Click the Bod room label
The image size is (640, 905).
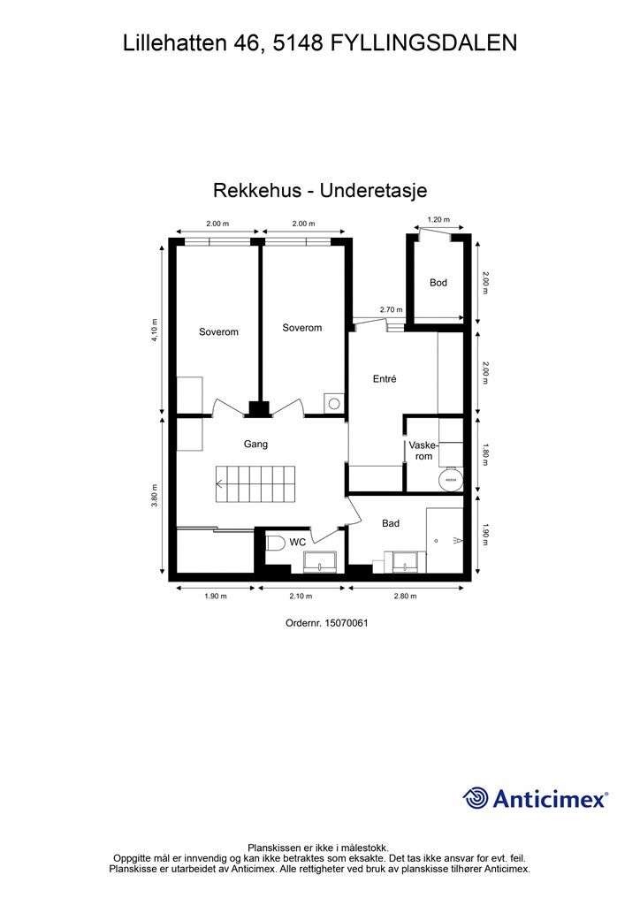(438, 283)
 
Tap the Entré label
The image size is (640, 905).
(384, 379)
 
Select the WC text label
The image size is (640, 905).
(297, 542)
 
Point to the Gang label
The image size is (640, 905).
(255, 445)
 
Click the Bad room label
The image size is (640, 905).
(390, 523)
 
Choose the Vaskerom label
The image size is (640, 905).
(423, 452)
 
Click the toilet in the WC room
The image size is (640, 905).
(273, 544)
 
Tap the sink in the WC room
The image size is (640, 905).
(319, 561)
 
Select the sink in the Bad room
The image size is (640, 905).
(407, 561)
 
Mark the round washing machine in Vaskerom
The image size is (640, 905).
(452, 478)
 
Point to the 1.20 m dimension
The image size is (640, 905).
(438, 220)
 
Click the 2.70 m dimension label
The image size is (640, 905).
(391, 310)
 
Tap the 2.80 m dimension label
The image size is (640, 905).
(404, 597)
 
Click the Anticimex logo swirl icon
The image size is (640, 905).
(476, 798)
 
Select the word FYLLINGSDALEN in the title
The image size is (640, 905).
(423, 42)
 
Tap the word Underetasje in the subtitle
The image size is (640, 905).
(376, 190)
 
